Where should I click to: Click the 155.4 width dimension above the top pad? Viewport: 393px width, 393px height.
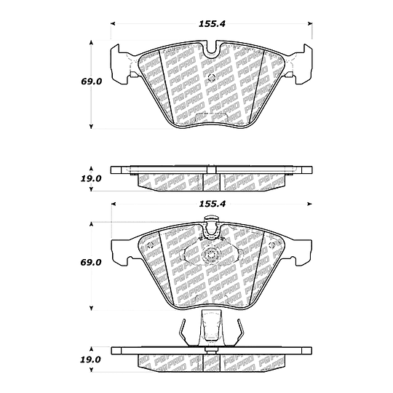[212, 24]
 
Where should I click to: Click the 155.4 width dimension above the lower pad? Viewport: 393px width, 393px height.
[212, 204]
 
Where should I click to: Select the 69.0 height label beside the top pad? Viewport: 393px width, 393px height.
[91, 82]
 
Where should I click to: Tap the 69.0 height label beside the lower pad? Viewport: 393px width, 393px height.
[91, 263]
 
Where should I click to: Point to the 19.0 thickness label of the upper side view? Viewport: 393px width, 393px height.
[90, 179]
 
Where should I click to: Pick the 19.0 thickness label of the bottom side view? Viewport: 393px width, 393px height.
[90, 360]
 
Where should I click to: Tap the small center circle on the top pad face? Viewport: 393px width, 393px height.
[212, 77]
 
